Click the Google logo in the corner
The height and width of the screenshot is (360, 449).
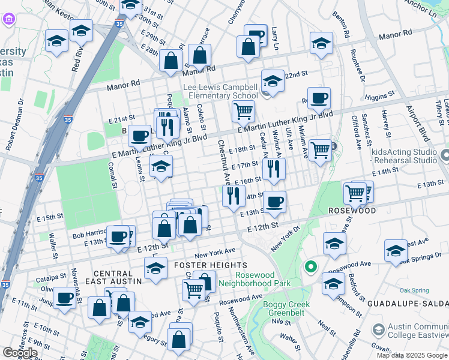pyautogui.click(x=20, y=352)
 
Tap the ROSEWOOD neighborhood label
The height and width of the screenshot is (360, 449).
pyautogui.click(x=352, y=211)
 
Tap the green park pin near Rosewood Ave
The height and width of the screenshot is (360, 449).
pyautogui.click(x=310, y=266)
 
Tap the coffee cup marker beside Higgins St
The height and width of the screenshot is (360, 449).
pyautogui.click(x=320, y=97)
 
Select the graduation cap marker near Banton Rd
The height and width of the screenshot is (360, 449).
pyautogui.click(x=321, y=43)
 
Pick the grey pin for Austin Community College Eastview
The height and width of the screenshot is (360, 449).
pyautogui.click(x=378, y=329)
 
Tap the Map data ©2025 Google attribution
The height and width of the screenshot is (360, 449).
pyautogui.click(x=412, y=355)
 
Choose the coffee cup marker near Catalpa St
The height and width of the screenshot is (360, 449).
pyautogui.click(x=64, y=297)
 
